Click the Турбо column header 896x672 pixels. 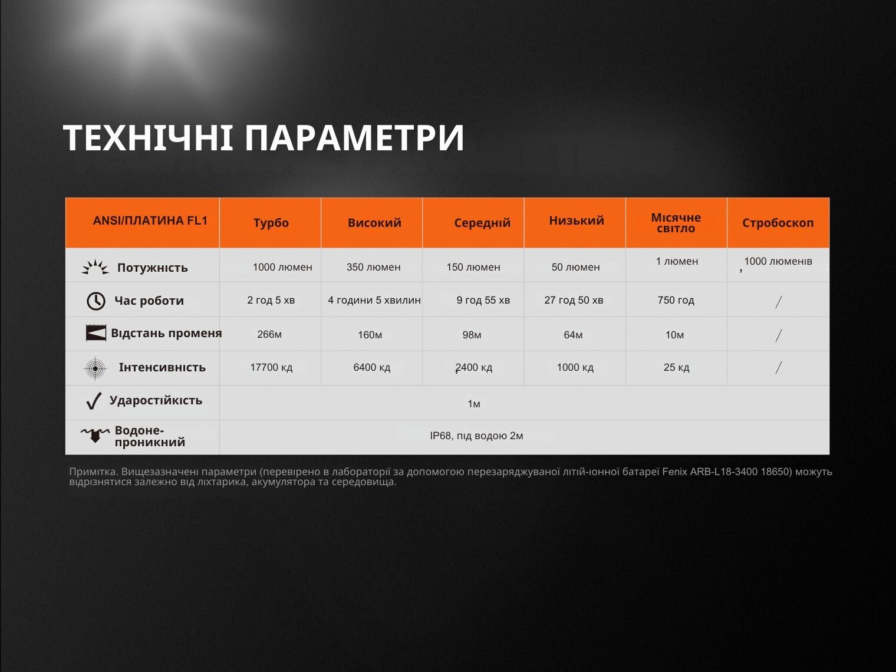pos(271,223)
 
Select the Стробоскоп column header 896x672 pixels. pos(778,223)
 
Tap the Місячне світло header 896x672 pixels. pos(676,223)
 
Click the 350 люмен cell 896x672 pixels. pos(374,267)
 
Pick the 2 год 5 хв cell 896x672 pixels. pos(271,300)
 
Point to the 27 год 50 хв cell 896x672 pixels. pos(574,300)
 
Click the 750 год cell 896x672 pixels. pos(676,300)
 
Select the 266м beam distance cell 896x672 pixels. pos(269,335)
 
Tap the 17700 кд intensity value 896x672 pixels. pos(271,368)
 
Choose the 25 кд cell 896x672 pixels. pos(676,368)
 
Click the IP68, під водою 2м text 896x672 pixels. pos(476,436)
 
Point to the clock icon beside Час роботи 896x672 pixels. pos(96,301)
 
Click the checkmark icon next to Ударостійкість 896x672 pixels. pos(94,401)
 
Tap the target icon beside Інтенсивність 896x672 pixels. pos(95,368)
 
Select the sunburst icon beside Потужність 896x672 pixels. pos(95,267)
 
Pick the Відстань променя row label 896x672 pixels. pos(167,334)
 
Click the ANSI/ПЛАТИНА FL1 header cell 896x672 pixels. pos(150,220)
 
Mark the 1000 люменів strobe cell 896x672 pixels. pos(778,262)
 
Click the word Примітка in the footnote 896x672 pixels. pos(93,472)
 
